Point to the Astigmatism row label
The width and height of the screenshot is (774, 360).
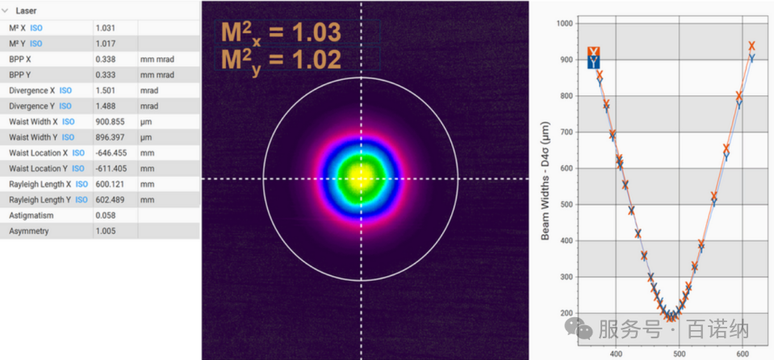[x=31, y=216]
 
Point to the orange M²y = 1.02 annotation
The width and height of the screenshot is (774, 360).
[x=281, y=60]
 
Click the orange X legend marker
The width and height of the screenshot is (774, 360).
[x=593, y=52]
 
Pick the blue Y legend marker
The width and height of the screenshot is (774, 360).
[x=593, y=62]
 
